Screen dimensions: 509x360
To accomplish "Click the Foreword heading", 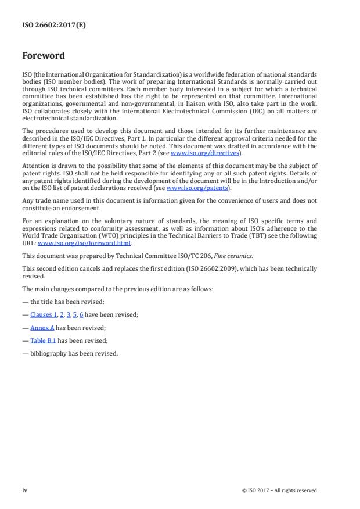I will [x=44, y=56].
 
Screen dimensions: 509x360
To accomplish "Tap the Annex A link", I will [x=42, y=327].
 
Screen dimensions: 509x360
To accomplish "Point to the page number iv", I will [x=25, y=490].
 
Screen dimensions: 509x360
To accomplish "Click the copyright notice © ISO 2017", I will [x=279, y=490].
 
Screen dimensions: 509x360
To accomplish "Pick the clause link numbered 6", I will [x=81, y=314].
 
